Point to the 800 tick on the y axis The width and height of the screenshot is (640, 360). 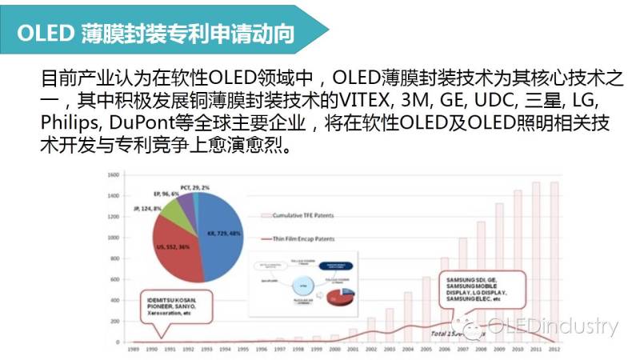click(114, 258)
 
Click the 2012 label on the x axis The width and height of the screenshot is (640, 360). click(553, 350)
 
